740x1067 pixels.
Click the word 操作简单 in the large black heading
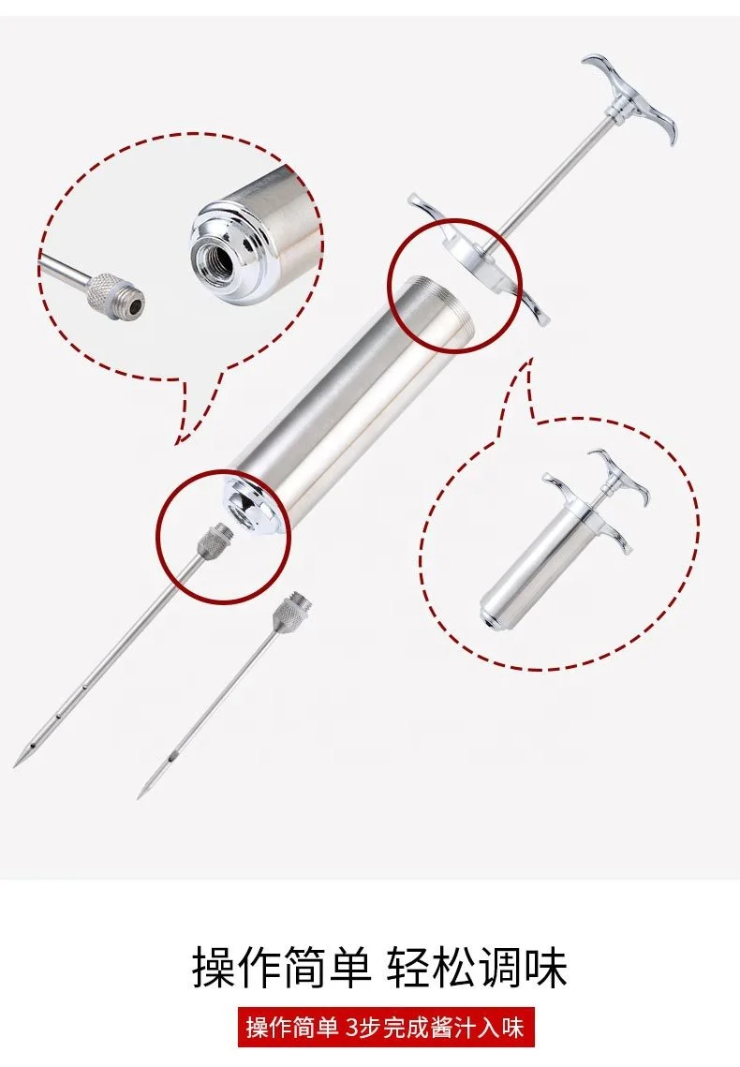(x=281, y=967)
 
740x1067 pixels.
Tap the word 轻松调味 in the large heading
(x=477, y=967)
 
